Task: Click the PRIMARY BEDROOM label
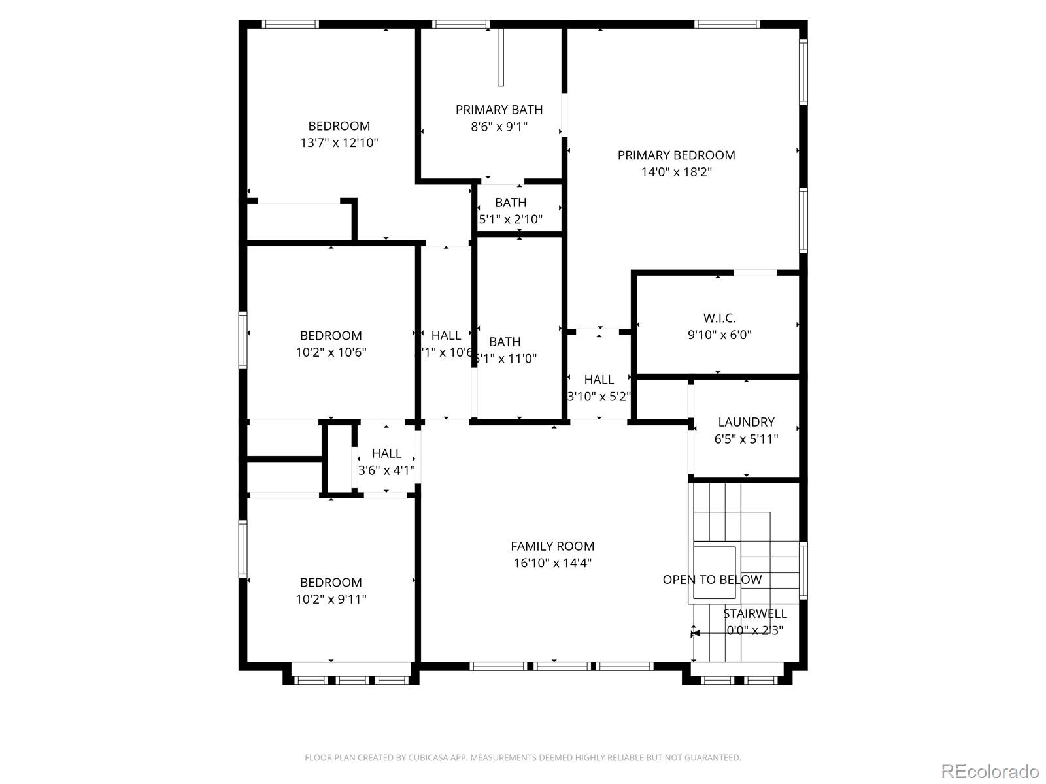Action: tap(676, 155)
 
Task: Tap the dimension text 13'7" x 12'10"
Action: tap(339, 143)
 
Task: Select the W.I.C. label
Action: tap(719, 318)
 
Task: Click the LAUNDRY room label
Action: tap(746, 422)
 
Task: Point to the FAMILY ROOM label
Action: tap(552, 546)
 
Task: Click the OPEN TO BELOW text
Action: tap(712, 580)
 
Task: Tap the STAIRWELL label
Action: tap(754, 613)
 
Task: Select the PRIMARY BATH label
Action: tap(499, 110)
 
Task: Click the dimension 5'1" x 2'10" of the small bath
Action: tap(511, 220)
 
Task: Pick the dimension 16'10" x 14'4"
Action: tap(552, 563)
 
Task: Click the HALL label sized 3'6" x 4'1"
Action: tap(386, 453)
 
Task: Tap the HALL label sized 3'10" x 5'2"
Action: tap(599, 380)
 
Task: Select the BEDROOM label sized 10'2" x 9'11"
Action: tap(331, 583)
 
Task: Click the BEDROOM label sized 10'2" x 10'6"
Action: tap(331, 336)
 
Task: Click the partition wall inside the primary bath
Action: tap(501, 57)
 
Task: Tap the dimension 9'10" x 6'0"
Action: tap(719, 335)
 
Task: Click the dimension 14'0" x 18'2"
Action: tap(676, 172)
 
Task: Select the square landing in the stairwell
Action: tap(714, 572)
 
